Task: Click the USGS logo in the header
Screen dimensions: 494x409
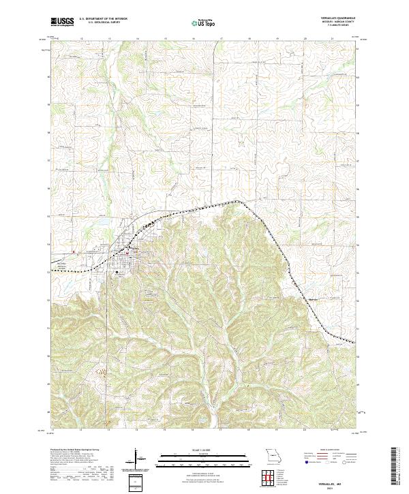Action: [62, 22]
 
